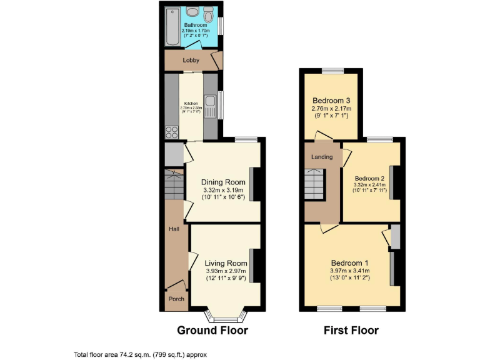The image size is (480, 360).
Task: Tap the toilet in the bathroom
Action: pyautogui.click(x=208, y=13)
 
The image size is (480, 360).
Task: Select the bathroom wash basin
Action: pyautogui.click(x=193, y=12)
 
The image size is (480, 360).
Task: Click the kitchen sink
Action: pyautogui.click(x=212, y=105)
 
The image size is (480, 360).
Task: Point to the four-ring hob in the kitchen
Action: pyautogui.click(x=171, y=132)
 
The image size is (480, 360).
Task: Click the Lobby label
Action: pyautogui.click(x=191, y=61)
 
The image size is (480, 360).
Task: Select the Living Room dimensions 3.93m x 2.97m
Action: pyautogui.click(x=226, y=271)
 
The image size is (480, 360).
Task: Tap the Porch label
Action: pyautogui.click(x=176, y=299)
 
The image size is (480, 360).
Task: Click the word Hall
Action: pyautogui.click(x=174, y=229)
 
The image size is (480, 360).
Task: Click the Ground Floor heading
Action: pyautogui.click(x=212, y=330)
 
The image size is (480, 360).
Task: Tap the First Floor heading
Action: pyautogui.click(x=351, y=330)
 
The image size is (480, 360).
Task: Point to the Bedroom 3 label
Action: pyautogui.click(x=331, y=101)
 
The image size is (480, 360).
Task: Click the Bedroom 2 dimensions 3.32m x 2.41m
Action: pyautogui.click(x=369, y=185)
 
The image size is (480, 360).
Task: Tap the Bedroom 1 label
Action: pyautogui.click(x=349, y=262)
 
